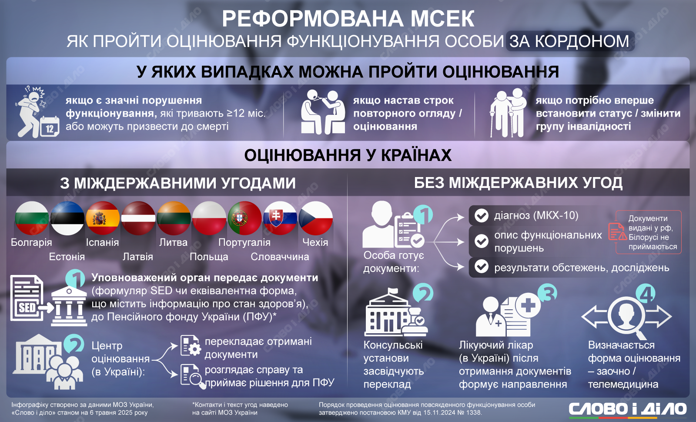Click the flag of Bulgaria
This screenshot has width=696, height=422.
[32, 218]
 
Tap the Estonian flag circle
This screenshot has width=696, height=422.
[67, 218]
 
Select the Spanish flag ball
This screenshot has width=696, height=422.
[103, 218]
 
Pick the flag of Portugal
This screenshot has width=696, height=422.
[244, 218]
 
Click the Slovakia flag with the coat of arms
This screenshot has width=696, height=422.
[280, 218]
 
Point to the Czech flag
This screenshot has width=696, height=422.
[316, 218]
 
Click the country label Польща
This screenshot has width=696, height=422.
[209, 257]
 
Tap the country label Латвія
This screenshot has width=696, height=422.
[137, 257]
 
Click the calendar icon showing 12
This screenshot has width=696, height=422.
[50, 127]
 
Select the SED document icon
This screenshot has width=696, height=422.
[27, 298]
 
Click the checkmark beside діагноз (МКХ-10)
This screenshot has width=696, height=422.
[481, 215]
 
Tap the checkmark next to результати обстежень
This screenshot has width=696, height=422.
[481, 267]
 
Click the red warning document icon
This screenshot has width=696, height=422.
[617, 232]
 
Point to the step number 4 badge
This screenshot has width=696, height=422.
[646, 293]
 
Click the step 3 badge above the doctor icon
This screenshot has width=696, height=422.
[547, 293]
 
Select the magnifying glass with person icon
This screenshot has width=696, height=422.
[626, 318]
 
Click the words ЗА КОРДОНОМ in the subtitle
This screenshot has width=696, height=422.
[569, 41]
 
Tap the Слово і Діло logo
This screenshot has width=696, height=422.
[627, 409]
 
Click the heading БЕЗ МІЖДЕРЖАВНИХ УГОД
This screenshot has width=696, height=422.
[518, 183]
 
